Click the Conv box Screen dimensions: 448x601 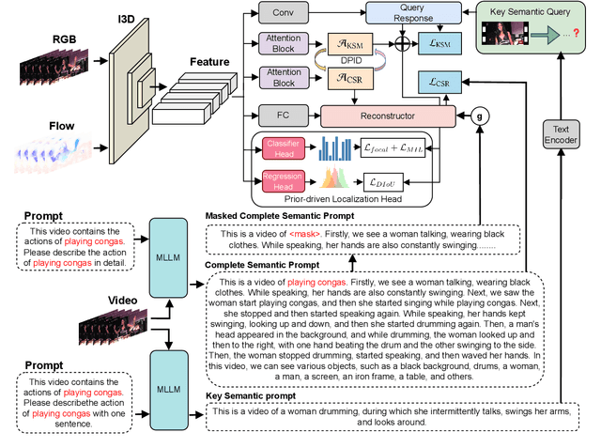pos(282,14)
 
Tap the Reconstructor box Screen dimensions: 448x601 pos(387,116)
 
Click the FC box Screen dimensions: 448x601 pos(282,116)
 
